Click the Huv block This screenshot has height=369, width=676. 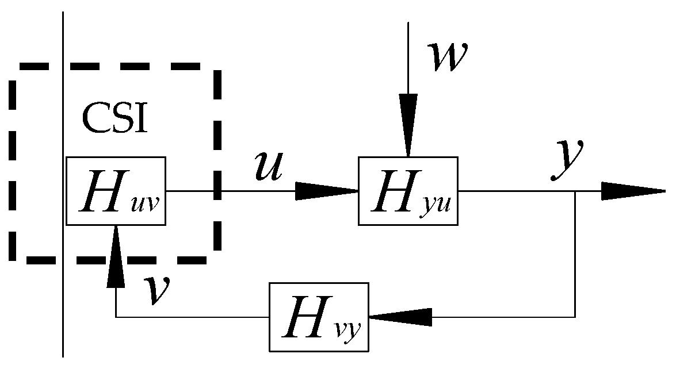pos(116,191)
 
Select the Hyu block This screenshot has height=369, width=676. pos(408,191)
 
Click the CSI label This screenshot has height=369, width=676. pos(114,118)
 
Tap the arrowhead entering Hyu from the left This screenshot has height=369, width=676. pos(326,191)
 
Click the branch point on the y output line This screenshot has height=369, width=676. pos(575,191)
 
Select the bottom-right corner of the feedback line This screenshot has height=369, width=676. pos(575,317)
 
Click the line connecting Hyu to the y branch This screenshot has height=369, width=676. pos(518,191)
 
